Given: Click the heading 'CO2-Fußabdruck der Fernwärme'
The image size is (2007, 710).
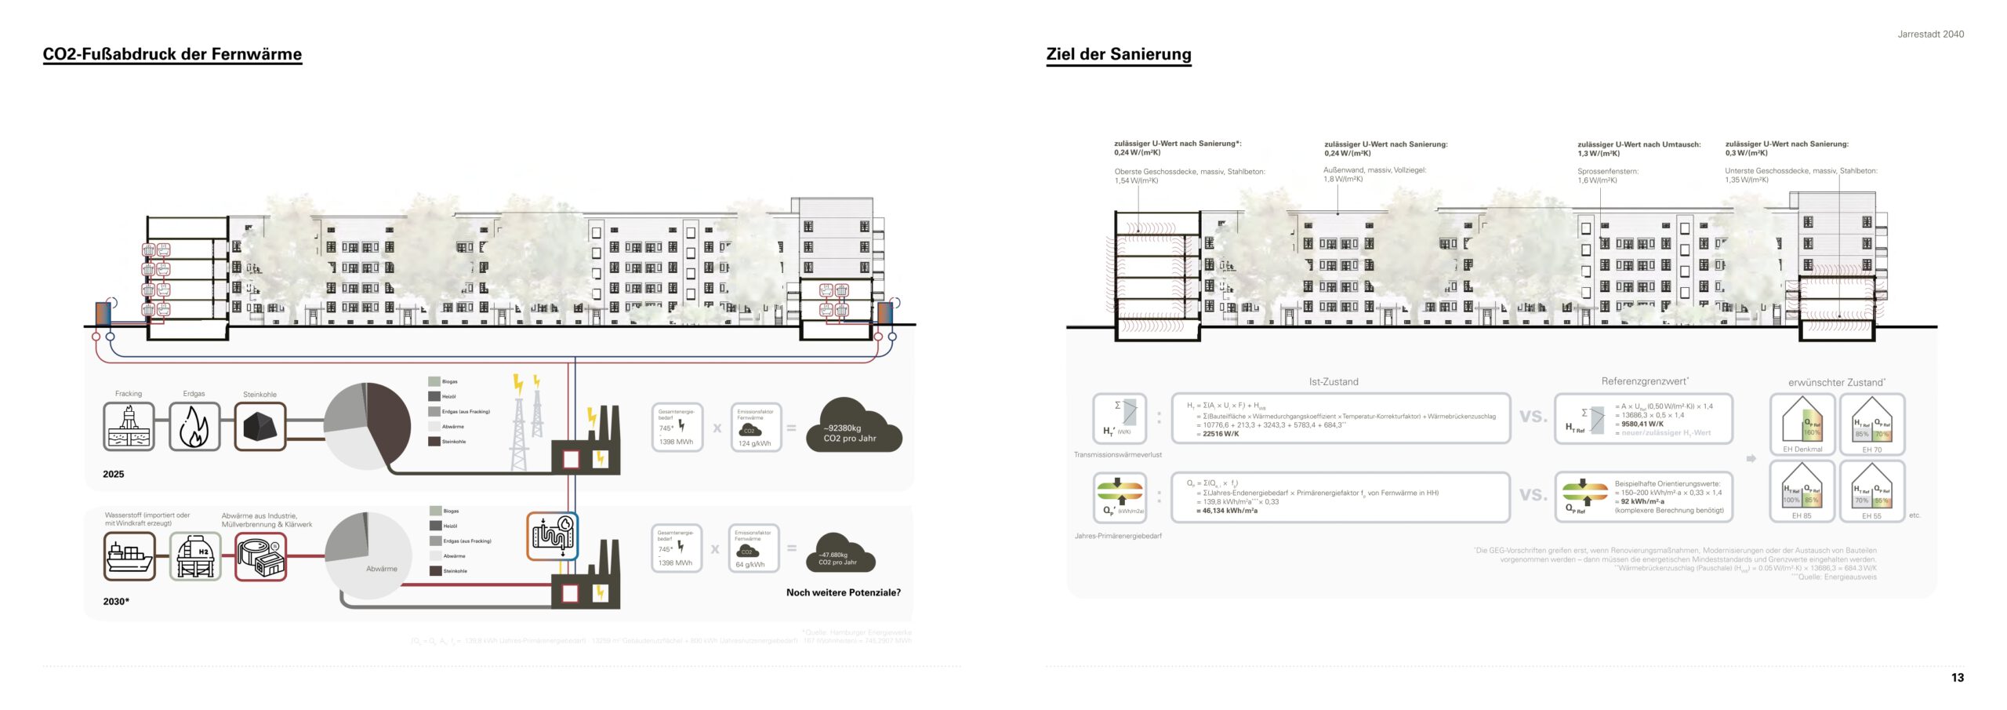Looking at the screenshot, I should (x=172, y=54).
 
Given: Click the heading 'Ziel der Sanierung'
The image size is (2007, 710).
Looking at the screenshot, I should (x=1118, y=54).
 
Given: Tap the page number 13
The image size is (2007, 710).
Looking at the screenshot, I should (x=1957, y=678).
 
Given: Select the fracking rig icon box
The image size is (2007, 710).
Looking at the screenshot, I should (x=129, y=426).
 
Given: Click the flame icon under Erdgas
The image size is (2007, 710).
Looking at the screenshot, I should (x=194, y=427).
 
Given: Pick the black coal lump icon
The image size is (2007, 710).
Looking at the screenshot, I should (x=260, y=427).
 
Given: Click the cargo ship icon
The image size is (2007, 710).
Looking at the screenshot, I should (x=129, y=556).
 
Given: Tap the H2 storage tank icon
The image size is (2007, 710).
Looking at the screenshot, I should (x=195, y=556).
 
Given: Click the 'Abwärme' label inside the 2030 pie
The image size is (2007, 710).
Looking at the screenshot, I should (x=382, y=569).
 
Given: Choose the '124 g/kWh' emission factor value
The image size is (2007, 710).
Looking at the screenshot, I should (x=754, y=443).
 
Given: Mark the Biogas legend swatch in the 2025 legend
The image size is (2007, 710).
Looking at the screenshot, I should (x=434, y=381).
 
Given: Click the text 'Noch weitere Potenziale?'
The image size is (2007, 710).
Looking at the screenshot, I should (x=843, y=592).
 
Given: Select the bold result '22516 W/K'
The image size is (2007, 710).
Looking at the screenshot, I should (x=1221, y=434).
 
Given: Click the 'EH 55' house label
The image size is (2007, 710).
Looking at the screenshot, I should (x=1871, y=516).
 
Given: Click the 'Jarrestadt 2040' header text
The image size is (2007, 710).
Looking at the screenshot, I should (x=1930, y=34).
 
